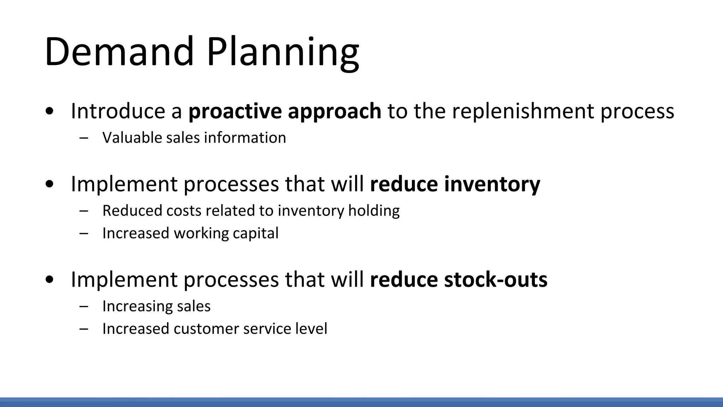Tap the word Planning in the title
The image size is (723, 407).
point(283,52)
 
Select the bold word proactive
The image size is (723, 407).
point(235,111)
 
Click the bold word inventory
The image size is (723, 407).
point(492,184)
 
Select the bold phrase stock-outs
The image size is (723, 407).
point(496,279)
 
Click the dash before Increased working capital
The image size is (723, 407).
point(84,234)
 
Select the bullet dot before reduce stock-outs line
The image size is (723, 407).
point(50,280)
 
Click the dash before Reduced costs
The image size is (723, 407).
point(84,211)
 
